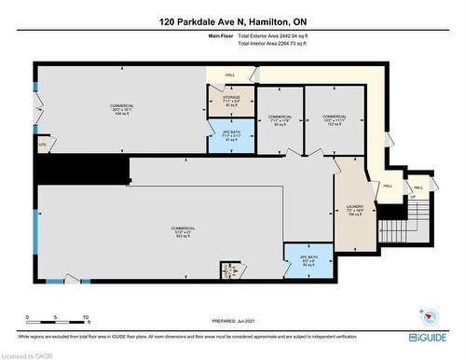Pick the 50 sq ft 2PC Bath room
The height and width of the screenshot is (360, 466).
[x=309, y=260]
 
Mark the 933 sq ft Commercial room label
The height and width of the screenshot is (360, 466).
[x=183, y=232]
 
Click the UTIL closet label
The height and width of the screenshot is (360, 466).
[x=41, y=145]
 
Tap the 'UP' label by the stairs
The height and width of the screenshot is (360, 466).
[x=412, y=197]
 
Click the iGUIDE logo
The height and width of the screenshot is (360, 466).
[x=427, y=336]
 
